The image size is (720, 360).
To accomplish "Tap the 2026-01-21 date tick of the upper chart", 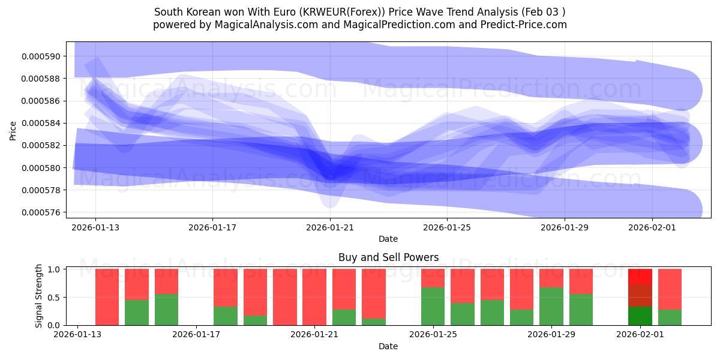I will coord(330,228).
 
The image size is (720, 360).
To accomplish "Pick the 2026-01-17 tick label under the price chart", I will coord(212,228).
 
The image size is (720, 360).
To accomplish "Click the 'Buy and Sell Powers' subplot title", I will coord(388,257).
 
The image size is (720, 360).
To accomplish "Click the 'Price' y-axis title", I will coord(13,130).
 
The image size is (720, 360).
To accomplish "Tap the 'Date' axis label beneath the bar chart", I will coord(388,346).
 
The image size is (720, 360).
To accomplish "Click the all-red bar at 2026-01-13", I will coord(107,297).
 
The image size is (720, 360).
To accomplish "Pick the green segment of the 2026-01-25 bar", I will coord(433,307).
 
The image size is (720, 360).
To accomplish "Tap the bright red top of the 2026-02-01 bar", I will coord(640,276).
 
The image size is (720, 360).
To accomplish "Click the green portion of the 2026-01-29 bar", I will coord(551,307).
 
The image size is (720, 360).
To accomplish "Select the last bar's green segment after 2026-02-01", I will coord(670,317).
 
